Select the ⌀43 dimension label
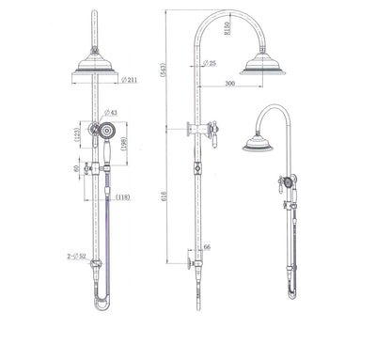(x=112, y=113)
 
